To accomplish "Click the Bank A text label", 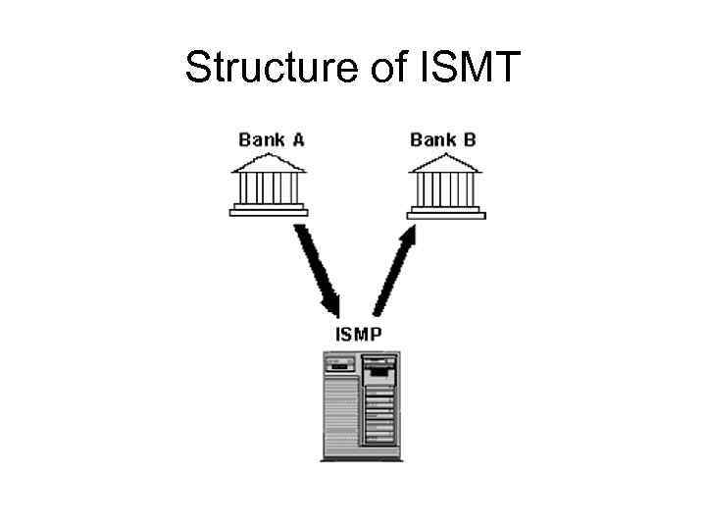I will click(x=271, y=139).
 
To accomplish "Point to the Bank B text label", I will click(x=443, y=139).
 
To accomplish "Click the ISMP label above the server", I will click(x=359, y=334).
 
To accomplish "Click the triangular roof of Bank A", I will click(x=269, y=163).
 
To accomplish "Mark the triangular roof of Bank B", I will click(x=445, y=163).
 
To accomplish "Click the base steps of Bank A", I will click(x=269, y=209).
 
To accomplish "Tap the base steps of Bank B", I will click(x=445, y=209).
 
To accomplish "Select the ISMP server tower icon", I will click(x=359, y=404).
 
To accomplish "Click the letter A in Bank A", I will click(x=297, y=139).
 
